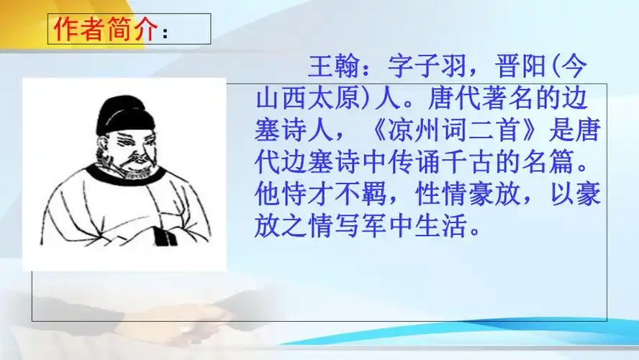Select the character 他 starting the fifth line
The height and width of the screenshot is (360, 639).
point(268,195)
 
